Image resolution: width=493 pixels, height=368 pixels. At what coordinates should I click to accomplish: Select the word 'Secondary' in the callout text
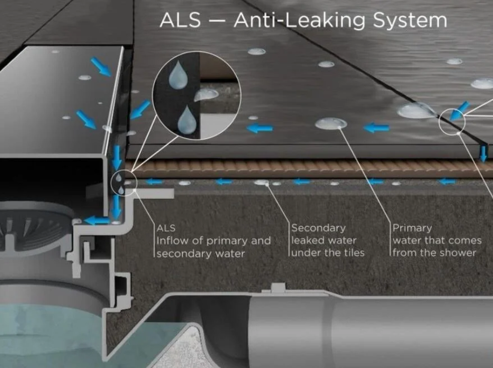pos(318,228)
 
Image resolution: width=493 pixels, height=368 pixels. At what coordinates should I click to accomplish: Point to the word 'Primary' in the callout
pos(412,228)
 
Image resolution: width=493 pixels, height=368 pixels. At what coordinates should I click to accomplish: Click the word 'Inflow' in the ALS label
pos(172,241)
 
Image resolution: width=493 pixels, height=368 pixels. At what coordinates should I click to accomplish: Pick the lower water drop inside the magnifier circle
pos(187,121)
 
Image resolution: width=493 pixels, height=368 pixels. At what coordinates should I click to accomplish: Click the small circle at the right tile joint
pos(452,121)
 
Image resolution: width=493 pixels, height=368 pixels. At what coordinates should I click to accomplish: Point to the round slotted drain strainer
pos(37,226)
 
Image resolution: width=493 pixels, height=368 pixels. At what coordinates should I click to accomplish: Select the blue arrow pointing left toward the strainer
pos(96,221)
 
